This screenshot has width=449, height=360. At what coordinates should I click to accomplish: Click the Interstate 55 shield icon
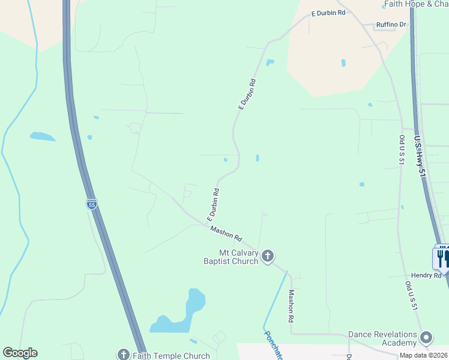click(x=91, y=204)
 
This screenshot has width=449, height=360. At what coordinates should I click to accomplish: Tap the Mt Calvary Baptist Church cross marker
click(x=268, y=257)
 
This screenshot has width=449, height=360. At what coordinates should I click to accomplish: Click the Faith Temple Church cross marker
click(x=124, y=354)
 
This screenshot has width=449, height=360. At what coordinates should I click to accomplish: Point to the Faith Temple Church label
click(x=171, y=356)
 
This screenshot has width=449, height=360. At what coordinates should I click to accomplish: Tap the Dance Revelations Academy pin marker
click(x=426, y=338)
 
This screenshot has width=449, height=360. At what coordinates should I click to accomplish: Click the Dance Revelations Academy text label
click(x=383, y=338)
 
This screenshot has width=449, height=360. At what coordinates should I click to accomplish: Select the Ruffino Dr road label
click(x=391, y=25)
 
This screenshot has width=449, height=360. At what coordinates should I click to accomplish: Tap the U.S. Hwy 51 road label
click(x=420, y=155)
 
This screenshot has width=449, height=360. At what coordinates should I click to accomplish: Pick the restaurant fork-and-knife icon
click(x=442, y=258)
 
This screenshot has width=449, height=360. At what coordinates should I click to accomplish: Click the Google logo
click(x=20, y=353)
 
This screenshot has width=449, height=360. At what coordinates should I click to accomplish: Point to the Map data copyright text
click(x=424, y=355)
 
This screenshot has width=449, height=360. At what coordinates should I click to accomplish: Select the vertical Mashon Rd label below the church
click(x=292, y=304)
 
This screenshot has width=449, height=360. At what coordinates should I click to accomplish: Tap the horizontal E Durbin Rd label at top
click(x=328, y=13)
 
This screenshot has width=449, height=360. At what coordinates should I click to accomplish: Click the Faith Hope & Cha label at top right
click(x=415, y=4)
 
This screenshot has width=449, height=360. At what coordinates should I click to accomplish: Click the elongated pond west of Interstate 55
click(x=42, y=136)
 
